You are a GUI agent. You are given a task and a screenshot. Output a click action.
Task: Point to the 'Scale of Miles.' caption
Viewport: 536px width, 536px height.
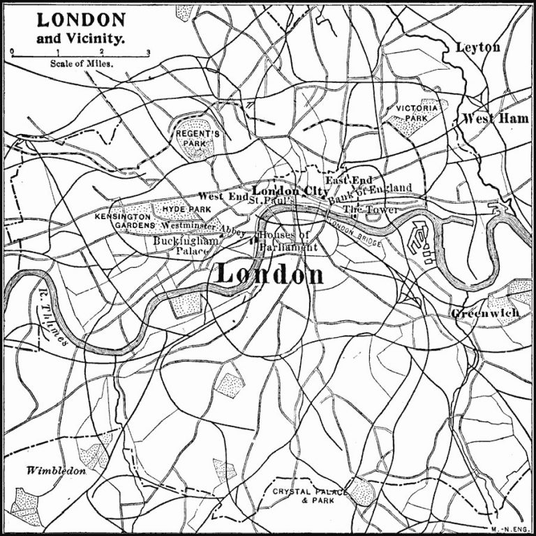(82, 63)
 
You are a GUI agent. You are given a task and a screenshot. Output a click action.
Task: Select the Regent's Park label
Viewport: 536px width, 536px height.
(198, 137)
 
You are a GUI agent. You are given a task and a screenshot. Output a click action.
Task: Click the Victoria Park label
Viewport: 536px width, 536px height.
(417, 113)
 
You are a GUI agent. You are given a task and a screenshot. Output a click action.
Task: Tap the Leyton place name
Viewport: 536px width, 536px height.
(477, 47)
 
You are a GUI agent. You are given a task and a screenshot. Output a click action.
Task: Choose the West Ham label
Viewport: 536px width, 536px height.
(496, 119)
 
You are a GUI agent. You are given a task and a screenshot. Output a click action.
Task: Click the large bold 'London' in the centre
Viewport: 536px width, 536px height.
(269, 274)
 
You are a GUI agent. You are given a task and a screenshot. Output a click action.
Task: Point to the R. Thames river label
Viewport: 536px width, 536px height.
(51, 323)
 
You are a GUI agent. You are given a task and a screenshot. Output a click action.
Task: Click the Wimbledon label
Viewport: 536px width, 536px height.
(56, 470)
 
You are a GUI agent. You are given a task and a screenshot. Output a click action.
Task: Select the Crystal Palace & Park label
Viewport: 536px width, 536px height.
(309, 496)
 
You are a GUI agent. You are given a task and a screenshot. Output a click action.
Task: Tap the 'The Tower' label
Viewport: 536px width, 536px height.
(371, 210)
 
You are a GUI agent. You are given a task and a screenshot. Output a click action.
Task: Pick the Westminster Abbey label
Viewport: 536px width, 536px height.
(203, 228)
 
